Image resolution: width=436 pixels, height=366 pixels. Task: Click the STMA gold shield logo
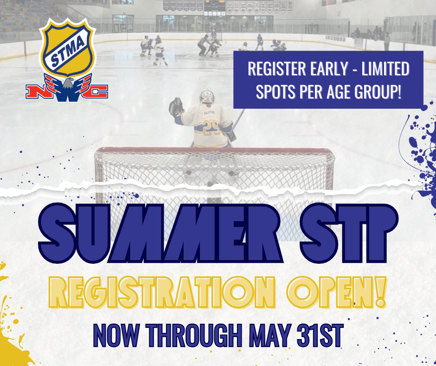68,47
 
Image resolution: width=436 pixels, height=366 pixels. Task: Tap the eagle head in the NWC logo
68,83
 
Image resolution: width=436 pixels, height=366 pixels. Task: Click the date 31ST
320,335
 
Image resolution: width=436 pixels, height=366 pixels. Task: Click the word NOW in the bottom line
116,335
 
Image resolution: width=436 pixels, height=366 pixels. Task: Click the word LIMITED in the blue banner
385,69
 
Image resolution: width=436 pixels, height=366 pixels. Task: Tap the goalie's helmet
207,96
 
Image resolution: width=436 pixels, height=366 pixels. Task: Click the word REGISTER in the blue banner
276,69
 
